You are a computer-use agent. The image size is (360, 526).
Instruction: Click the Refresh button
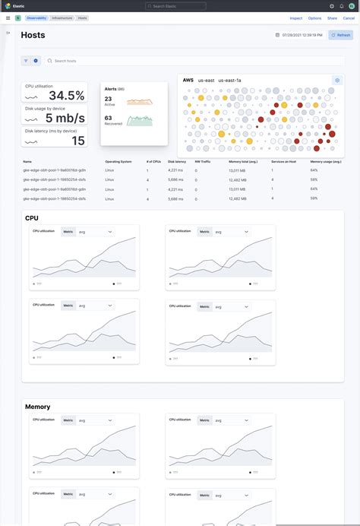341,35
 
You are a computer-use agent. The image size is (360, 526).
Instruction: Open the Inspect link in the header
296,17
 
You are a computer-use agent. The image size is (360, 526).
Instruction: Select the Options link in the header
314,17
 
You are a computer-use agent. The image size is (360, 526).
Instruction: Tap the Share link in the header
332,17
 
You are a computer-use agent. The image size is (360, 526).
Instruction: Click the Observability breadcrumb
36,17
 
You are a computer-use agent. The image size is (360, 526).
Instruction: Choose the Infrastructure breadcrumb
62,17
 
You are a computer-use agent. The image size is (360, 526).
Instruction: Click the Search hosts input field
106,61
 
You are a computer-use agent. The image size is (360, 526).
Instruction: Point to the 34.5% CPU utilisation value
67,96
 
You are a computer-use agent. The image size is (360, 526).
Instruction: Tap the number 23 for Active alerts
108,99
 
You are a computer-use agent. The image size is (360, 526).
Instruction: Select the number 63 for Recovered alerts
108,118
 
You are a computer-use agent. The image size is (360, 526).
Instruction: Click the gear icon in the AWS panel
337,80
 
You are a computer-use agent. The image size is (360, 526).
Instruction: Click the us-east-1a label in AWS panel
229,80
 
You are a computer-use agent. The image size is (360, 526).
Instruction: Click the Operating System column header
118,162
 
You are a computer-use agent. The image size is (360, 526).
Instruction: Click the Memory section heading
37,407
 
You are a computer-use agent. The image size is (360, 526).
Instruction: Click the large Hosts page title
33,35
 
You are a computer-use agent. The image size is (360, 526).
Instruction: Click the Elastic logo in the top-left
7,6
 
